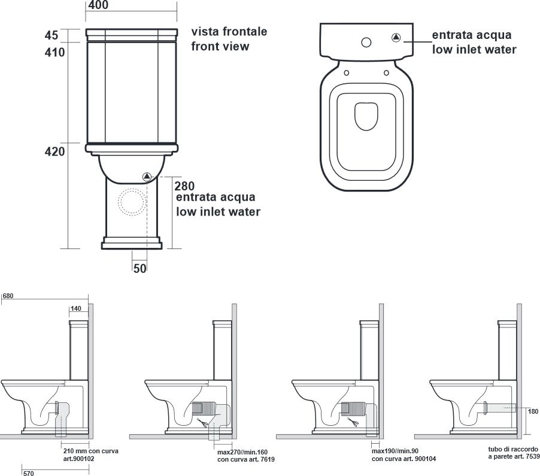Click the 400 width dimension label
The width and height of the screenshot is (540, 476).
click(98, 5)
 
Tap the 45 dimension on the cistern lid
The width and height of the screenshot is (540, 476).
click(51, 35)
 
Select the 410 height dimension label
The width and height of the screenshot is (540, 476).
click(54, 52)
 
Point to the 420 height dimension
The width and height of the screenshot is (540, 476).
click(54, 151)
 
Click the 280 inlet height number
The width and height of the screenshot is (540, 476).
click(184, 186)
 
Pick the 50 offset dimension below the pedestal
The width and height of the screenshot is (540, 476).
click(140, 268)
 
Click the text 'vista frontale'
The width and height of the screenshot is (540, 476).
click(229, 31)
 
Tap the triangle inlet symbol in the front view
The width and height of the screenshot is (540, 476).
click(147, 177)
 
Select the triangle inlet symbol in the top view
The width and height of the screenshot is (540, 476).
click(396, 37)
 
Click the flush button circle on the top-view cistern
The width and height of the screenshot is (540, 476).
click(366, 43)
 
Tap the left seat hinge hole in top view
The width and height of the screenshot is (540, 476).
click(347, 72)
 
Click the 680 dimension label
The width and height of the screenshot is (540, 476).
click(8, 296)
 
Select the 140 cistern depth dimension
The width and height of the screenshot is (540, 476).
click(76, 308)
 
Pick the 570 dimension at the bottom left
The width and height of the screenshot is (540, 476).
click(29, 473)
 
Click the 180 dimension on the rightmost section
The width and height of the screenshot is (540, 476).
click(533, 411)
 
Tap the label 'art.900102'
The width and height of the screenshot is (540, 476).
click(78, 459)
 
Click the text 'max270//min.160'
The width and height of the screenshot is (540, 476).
click(242, 452)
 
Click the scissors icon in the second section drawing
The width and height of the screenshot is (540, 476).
click(202, 422)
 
